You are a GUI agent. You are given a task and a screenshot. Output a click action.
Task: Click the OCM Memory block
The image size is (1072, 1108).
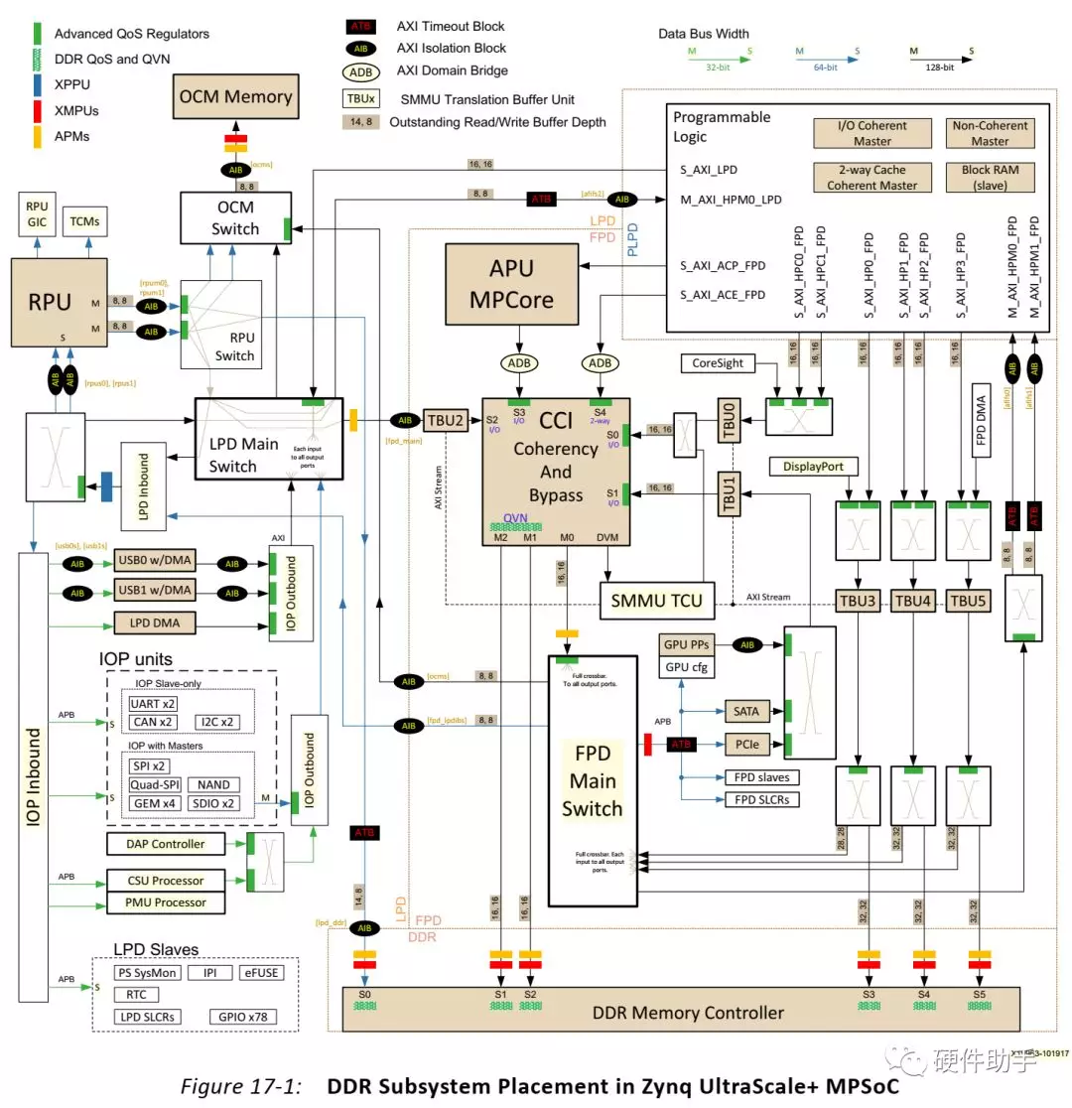point(235,97)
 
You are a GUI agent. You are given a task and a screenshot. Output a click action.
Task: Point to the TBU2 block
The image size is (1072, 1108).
point(446,419)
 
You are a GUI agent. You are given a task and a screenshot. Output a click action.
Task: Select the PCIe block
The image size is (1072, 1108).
point(742,743)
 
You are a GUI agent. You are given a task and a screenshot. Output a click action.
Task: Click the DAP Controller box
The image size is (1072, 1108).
point(166,844)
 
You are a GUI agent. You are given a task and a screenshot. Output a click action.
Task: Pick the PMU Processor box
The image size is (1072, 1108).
point(166,902)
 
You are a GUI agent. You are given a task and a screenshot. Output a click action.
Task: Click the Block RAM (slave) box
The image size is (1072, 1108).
point(989,177)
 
